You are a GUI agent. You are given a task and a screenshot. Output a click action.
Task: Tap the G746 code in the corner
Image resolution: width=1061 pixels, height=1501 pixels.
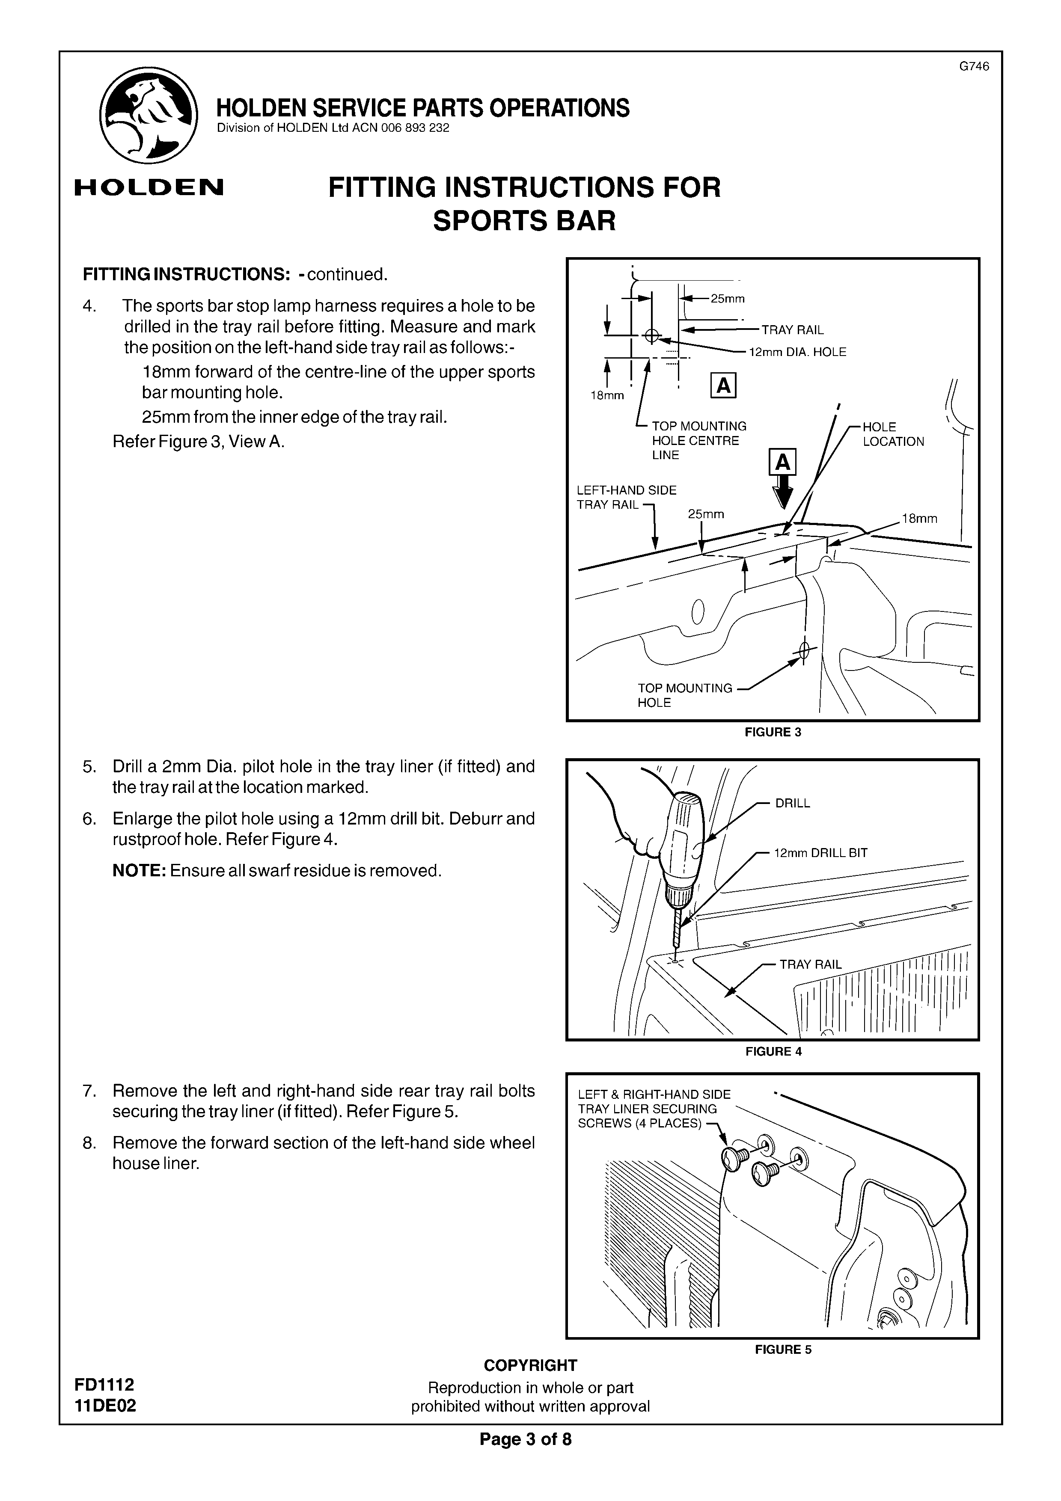973,66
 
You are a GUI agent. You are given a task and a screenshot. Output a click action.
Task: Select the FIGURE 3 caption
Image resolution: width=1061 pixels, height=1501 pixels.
773,732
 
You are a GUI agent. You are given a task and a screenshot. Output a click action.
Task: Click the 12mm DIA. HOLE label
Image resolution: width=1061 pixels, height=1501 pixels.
797,353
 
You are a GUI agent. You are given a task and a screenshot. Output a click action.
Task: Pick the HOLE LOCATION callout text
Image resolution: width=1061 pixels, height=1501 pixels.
893,434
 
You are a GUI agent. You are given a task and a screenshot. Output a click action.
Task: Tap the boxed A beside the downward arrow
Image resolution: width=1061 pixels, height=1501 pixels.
782,463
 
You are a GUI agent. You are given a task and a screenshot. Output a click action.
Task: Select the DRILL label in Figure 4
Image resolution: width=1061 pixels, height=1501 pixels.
792,804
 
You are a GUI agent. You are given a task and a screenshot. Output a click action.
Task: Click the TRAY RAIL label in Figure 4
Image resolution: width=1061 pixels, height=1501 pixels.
811,964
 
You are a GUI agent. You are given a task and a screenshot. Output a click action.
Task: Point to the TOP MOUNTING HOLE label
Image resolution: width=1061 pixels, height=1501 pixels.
684,695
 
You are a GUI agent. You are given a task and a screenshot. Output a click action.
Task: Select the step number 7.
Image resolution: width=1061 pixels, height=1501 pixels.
89,1091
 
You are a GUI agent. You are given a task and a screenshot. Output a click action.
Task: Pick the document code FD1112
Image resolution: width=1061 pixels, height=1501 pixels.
104,1385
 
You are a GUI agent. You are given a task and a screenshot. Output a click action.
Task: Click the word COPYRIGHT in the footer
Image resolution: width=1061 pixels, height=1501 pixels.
530,1365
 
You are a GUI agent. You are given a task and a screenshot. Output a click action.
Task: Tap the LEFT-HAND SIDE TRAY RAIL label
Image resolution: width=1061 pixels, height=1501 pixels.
626,498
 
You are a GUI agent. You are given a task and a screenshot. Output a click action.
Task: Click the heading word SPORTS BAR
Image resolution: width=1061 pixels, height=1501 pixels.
524,221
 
